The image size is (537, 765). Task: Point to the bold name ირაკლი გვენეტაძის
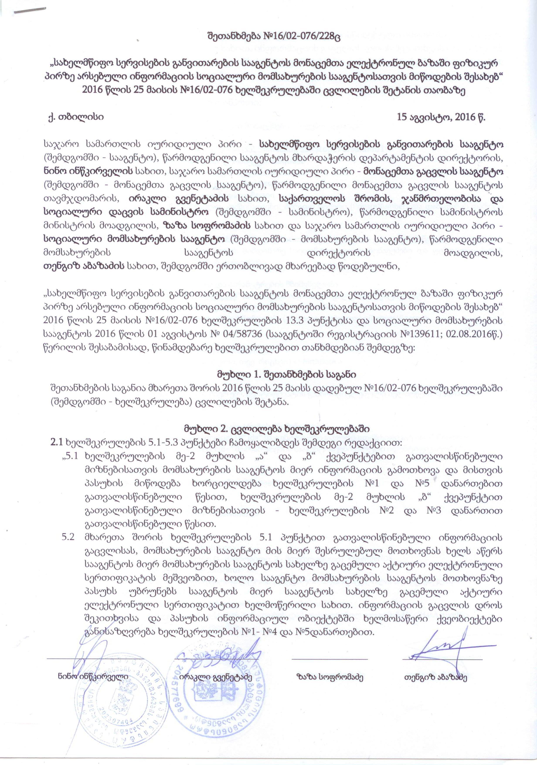[x=178, y=198]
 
